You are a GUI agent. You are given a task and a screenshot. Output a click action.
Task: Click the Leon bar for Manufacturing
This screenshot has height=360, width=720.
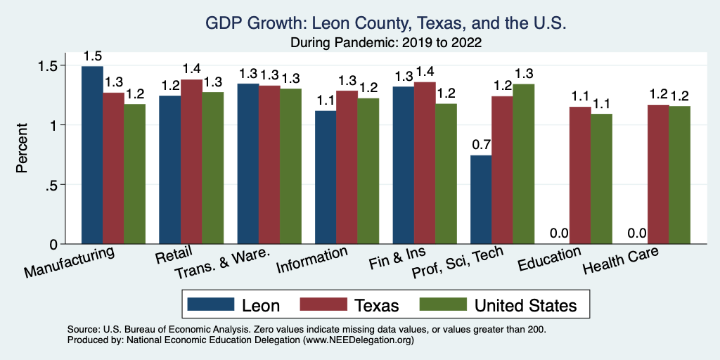tap(92, 155)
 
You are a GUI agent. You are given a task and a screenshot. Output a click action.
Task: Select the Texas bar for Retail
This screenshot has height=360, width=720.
tap(191, 162)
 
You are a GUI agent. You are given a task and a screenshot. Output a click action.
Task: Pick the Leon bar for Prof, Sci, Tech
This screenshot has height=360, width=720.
tap(481, 200)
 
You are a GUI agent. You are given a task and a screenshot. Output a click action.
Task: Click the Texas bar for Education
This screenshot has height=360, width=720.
tap(580, 175)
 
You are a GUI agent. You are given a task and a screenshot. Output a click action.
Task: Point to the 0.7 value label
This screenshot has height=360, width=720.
tap(481, 146)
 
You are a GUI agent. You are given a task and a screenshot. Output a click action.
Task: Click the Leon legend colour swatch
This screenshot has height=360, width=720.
tap(210, 305)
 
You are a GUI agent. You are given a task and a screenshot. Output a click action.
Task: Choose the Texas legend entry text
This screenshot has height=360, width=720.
tap(377, 305)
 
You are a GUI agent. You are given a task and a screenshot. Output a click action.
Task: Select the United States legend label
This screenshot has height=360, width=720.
tap(525, 305)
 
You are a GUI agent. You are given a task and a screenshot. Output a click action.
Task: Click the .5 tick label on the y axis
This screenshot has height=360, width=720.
tap(57, 185)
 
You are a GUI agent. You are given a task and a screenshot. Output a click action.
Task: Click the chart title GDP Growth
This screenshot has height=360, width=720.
tap(385, 23)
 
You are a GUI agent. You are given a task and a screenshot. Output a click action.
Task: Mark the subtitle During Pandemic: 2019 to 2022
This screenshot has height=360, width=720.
tap(385, 42)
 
